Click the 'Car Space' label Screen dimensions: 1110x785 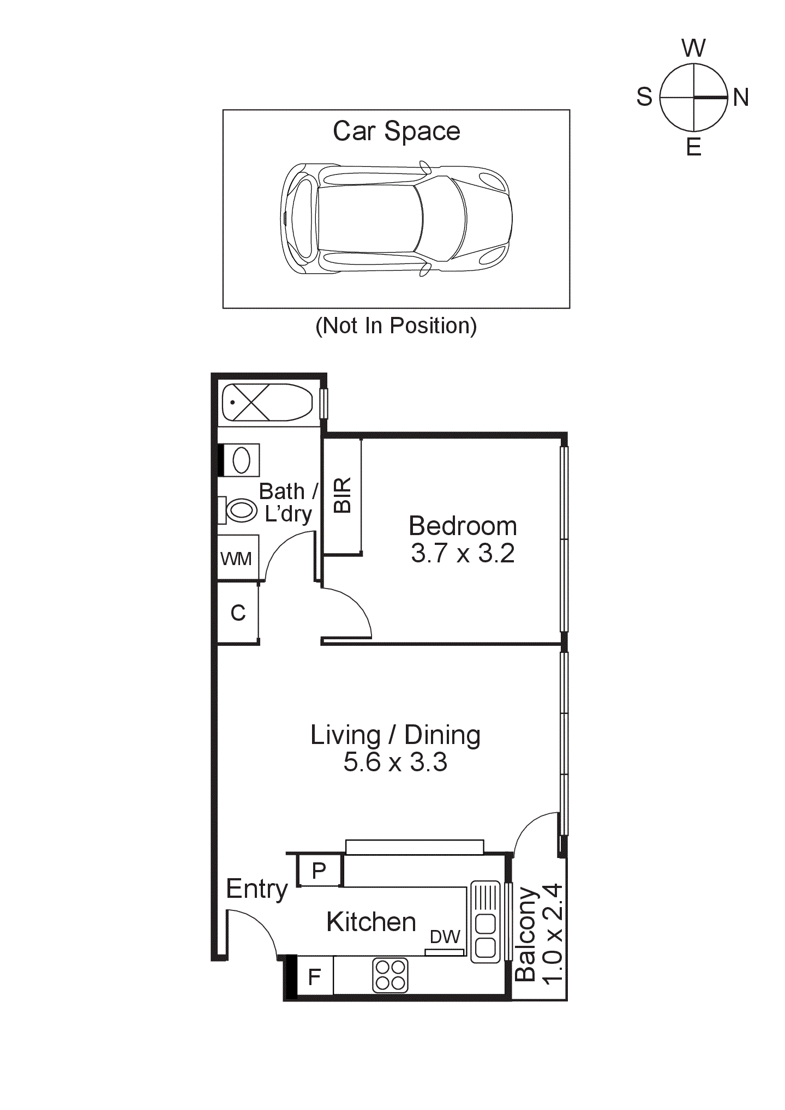[x=397, y=131]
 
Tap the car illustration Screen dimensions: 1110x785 [x=397, y=218]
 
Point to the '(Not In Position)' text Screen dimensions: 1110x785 [x=396, y=326]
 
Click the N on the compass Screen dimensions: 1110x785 [x=740, y=98]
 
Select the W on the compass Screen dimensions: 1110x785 [x=693, y=48]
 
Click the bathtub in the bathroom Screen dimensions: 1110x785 [x=267, y=403]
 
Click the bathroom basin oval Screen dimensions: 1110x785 [x=241, y=460]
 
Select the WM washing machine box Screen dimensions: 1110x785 [x=237, y=558]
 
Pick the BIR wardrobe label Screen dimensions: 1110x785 [x=343, y=495]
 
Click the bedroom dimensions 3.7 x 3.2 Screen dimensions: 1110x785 [x=463, y=553]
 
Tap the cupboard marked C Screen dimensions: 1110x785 [x=238, y=613]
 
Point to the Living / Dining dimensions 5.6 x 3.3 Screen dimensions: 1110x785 [x=395, y=761]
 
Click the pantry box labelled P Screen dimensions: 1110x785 [x=320, y=870]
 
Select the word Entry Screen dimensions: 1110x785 [x=256, y=889]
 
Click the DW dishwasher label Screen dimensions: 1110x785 [x=445, y=936]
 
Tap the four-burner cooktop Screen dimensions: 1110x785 [x=391, y=975]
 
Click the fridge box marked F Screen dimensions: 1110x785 [x=315, y=976]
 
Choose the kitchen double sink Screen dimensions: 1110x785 [x=485, y=921]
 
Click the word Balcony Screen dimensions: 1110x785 [x=526, y=934]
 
